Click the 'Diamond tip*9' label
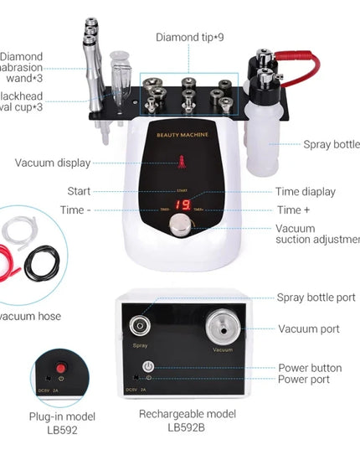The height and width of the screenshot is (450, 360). [190, 37]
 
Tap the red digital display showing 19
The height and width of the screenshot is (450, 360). [183, 204]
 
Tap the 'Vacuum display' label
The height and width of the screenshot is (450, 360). [52, 163]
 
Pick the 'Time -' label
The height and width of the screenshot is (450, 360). [77, 209]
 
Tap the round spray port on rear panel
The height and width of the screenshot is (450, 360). [139, 326]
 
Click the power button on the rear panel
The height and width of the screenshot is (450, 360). [148, 366]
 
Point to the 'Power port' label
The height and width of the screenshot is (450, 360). [310, 379]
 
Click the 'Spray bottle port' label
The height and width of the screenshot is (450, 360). [316, 297]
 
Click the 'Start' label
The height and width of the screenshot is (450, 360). [80, 192]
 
